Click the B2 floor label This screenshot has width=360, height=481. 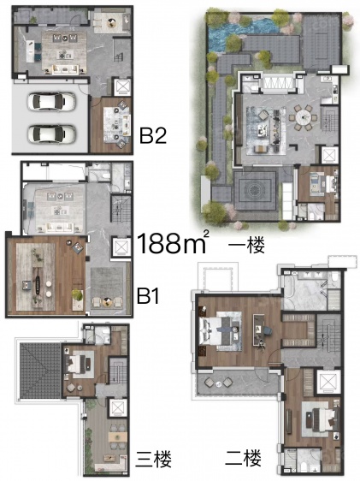(153, 135)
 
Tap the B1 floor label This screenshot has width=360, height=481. (148, 296)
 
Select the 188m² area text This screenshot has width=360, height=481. (174, 242)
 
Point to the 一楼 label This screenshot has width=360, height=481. (246, 246)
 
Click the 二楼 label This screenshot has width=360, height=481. (243, 458)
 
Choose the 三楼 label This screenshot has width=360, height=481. (154, 459)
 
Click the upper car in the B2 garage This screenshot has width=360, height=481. (51, 101)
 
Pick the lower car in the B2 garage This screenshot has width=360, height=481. (51, 134)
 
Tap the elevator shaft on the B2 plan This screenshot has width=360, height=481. (122, 86)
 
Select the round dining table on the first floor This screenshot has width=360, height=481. (303, 116)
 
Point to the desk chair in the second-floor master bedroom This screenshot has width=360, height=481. (267, 330)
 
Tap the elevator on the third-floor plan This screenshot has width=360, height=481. (118, 407)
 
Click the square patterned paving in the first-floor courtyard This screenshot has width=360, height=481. (255, 190)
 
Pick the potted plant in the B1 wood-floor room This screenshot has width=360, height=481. (78, 295)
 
